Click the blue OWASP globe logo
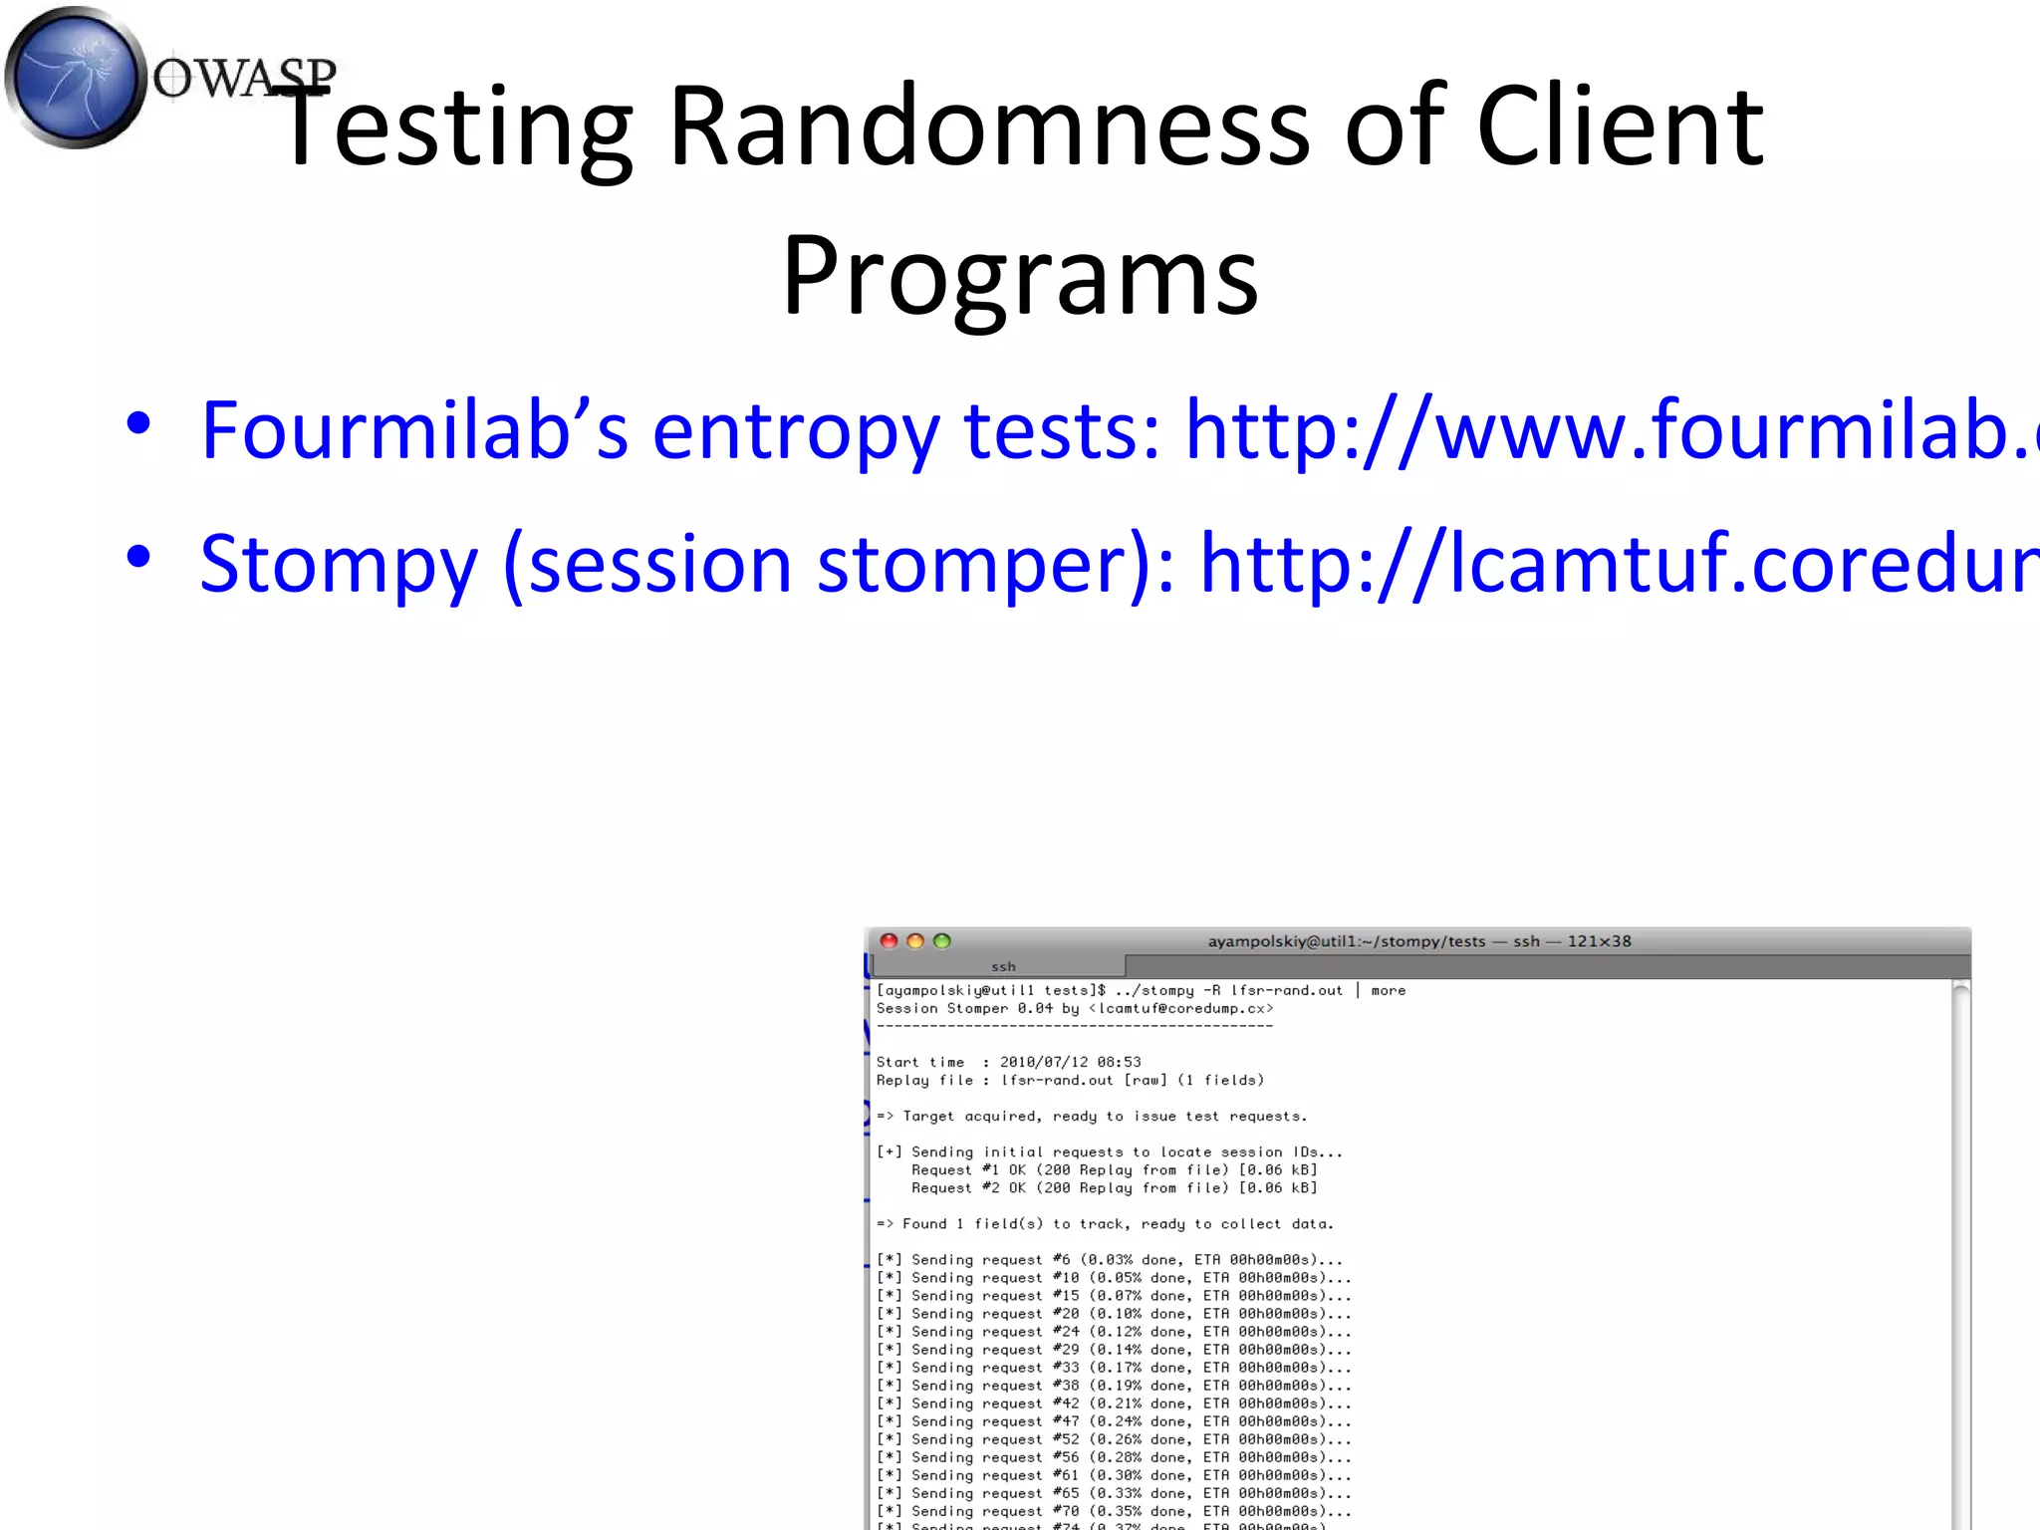(x=76, y=78)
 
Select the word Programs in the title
(x=1020, y=275)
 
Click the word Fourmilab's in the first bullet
(x=414, y=430)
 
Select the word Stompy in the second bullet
(x=339, y=564)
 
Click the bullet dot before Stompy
(x=138, y=557)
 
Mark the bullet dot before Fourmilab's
(x=138, y=423)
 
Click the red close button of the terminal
(x=890, y=941)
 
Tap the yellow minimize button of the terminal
(x=915, y=941)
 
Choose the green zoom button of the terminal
(x=942, y=941)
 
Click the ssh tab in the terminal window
(x=1002, y=966)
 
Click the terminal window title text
(x=1419, y=941)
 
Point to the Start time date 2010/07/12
(x=1044, y=1063)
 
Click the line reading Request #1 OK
(x=1114, y=1170)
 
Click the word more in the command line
(x=1388, y=991)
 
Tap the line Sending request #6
(x=1110, y=1260)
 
